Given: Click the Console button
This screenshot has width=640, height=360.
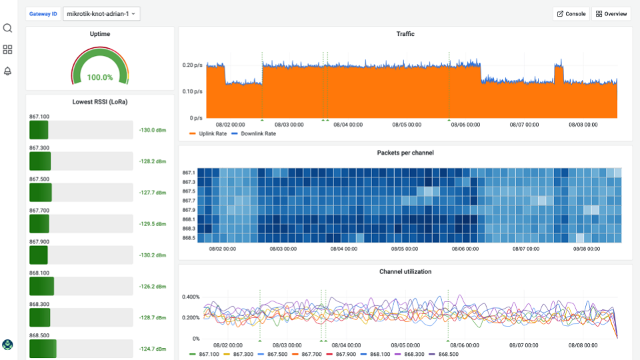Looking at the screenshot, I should coord(571,13).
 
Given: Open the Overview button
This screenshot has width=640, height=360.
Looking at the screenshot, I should coord(611,13).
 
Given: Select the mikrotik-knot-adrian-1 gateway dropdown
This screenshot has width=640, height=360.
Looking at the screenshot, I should coord(101,13).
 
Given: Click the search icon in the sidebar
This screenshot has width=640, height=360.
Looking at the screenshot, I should coord(8,28).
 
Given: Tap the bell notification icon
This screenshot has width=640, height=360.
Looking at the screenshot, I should coord(8,71).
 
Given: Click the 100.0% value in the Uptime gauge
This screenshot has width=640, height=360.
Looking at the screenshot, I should coord(100,77).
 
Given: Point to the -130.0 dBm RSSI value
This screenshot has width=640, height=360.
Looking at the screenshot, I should coord(152,130).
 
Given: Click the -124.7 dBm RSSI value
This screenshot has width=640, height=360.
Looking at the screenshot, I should coord(152,349).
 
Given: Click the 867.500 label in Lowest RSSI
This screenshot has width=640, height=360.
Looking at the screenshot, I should coord(39,179).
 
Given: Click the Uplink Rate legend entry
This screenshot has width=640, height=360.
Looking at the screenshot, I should coord(213,133).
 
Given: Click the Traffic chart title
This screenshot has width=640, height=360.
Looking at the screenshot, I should coord(405,33).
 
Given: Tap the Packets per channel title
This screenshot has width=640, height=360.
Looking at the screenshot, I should coord(405,153).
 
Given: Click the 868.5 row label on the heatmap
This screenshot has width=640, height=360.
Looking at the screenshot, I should coord(189,237).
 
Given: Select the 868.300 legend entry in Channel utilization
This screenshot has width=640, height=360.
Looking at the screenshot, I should coord(414,354).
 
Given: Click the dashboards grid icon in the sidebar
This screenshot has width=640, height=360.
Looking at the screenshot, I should coord(8,49).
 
